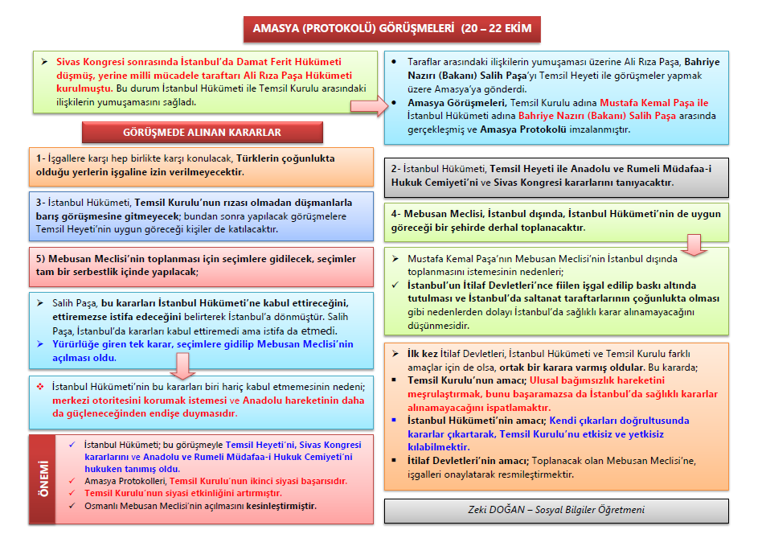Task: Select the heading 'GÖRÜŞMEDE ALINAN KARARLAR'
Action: tap(202, 132)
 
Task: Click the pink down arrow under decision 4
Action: tap(696, 243)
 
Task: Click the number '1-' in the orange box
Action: tap(41, 158)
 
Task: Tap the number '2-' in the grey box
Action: tap(396, 169)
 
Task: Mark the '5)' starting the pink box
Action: tap(40, 260)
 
